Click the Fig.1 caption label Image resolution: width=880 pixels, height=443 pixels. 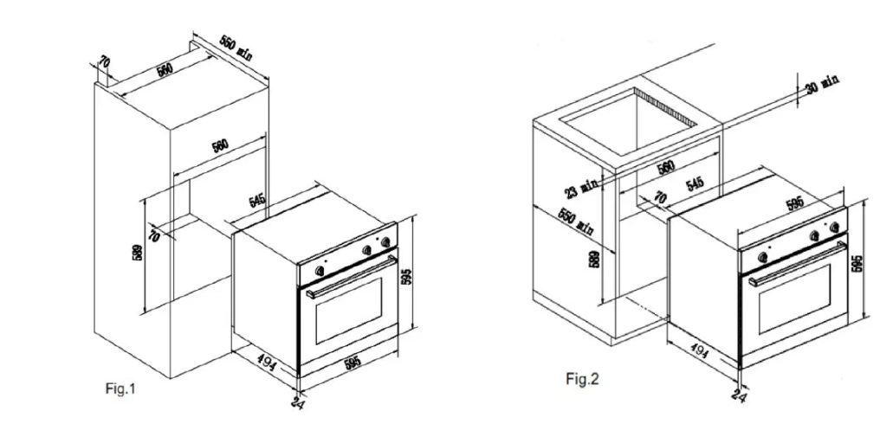pos(120,388)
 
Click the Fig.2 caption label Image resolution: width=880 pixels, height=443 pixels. pos(582,379)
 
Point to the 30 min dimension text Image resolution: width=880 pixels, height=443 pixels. pos(824,85)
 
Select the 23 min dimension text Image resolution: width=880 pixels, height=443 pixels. pos(582,186)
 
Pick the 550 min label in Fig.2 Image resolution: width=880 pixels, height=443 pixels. pos(576,222)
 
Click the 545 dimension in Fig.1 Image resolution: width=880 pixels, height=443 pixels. pos(257,200)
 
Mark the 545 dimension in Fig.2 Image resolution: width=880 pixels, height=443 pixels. pos(695,183)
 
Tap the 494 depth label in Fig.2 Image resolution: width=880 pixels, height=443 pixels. pos(699,351)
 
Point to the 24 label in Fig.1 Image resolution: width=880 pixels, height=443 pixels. pos(297,402)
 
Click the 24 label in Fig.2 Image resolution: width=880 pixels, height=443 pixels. pos(740,396)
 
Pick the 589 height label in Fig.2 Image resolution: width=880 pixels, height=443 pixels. pos(595,259)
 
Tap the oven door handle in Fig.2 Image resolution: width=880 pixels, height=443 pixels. pos(797,264)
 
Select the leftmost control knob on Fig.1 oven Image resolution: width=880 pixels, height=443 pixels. pos(320,270)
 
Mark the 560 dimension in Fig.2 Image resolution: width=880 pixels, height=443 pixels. pos(665,166)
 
